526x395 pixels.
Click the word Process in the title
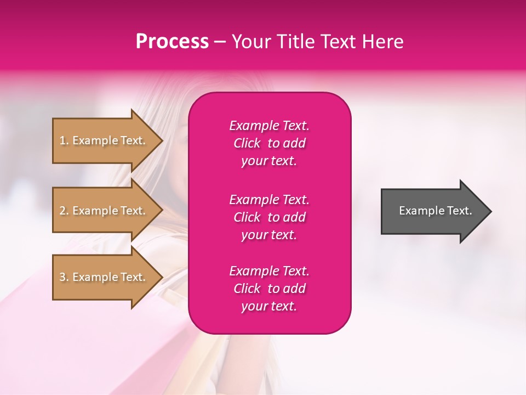172,42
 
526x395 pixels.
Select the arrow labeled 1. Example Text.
104,140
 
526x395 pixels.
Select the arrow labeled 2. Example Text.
104,211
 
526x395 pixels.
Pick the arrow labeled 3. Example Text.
104,277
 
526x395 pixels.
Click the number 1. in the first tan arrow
65,140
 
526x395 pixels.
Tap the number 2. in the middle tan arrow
65,211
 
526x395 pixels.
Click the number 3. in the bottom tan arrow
65,277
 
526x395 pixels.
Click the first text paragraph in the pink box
269,143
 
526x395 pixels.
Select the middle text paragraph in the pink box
269,217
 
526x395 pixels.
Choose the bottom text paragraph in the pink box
269,289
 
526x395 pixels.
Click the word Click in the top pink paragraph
247,143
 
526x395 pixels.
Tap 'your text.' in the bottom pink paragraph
269,306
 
